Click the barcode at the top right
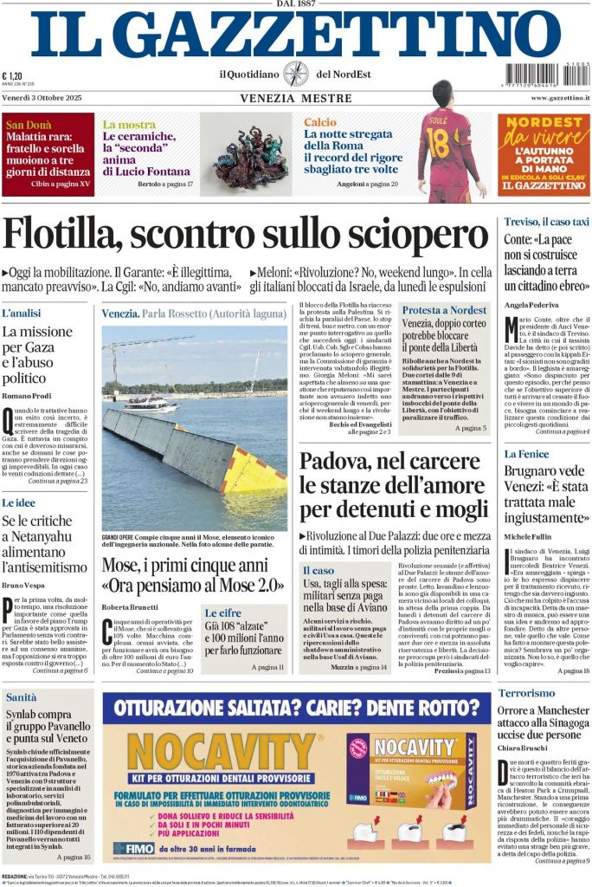click(x=547, y=75)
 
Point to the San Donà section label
click(x=29, y=125)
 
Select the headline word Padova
click(x=334, y=462)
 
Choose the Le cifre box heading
click(x=223, y=612)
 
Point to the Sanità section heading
click(x=22, y=696)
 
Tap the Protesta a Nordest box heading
click(x=444, y=310)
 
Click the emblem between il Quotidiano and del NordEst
click(x=295, y=74)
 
